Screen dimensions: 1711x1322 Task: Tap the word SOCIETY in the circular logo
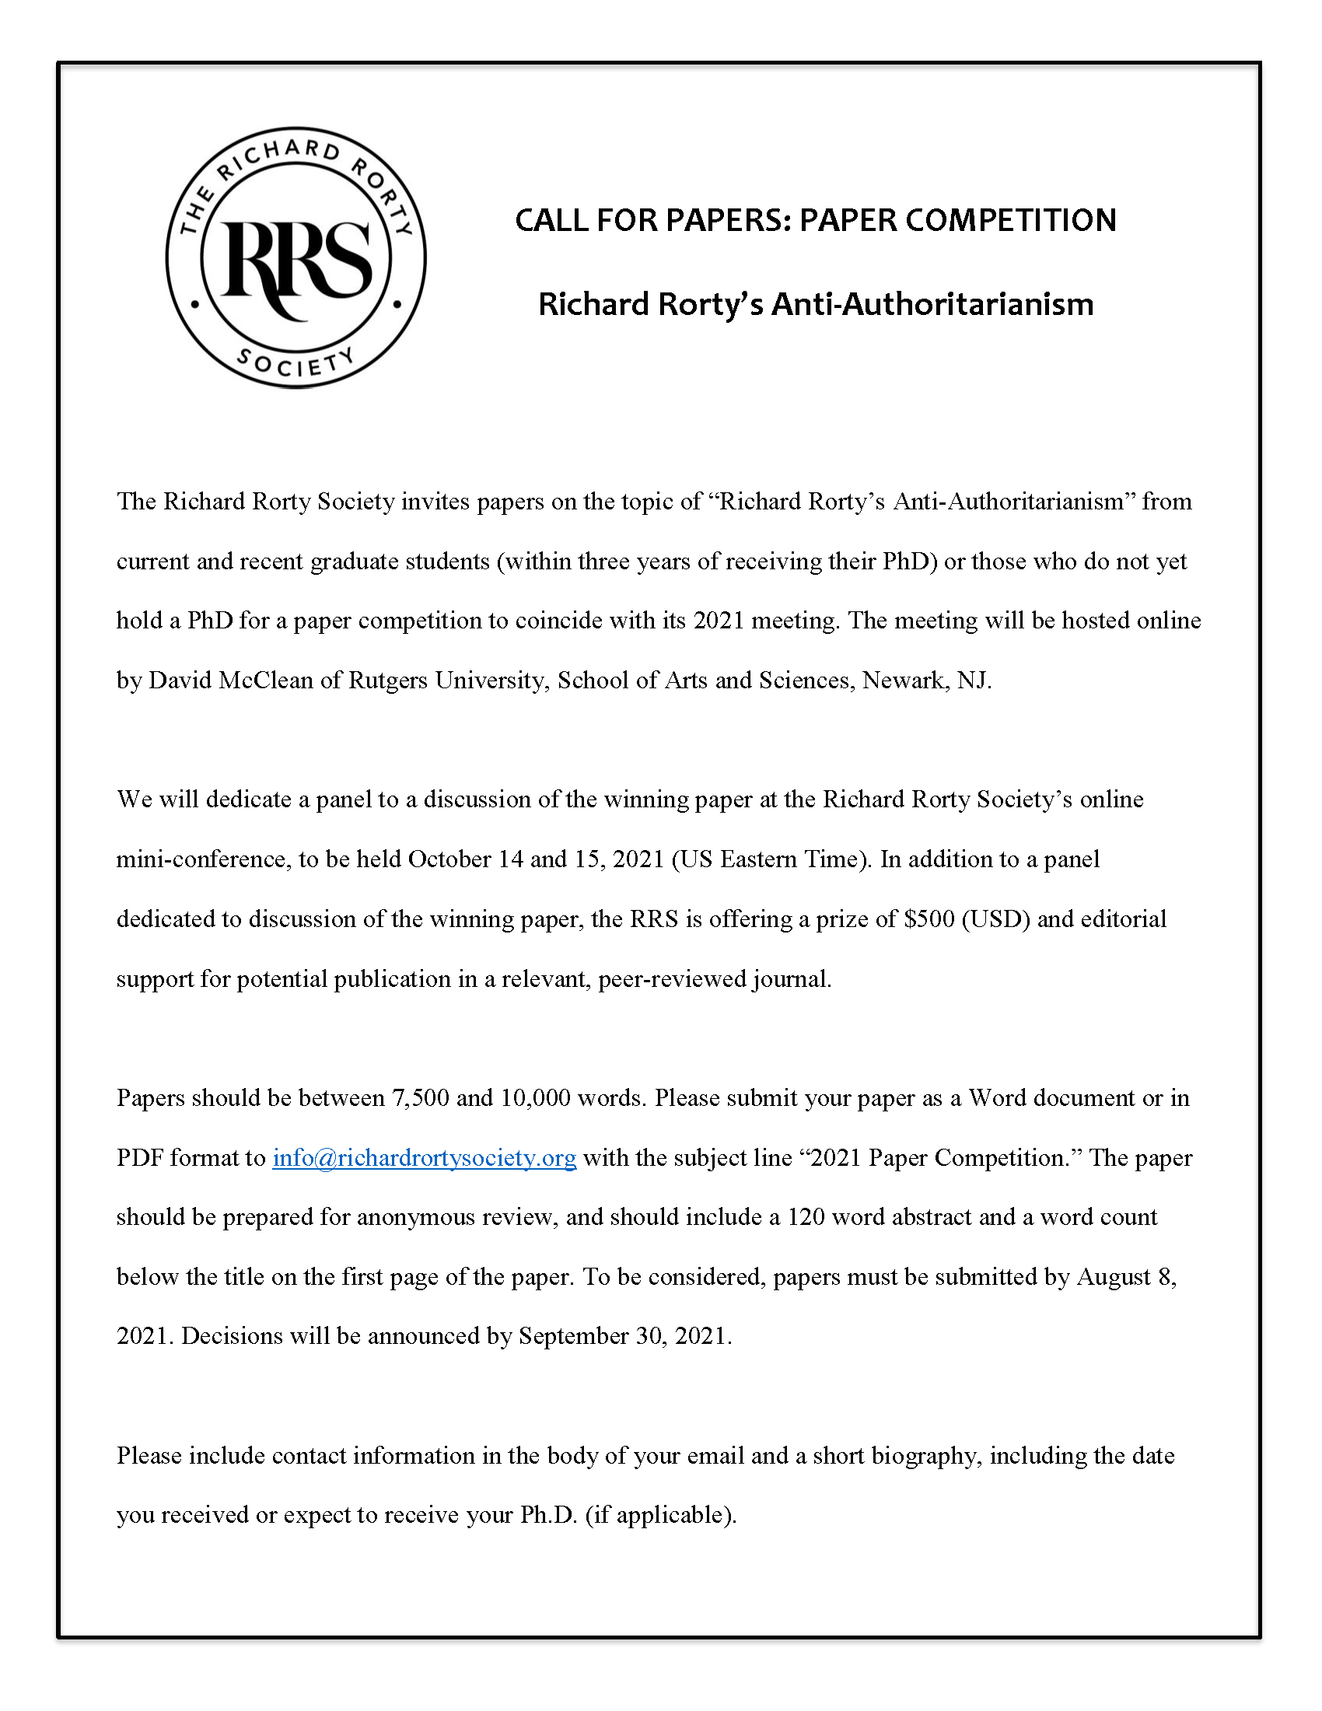[296, 362]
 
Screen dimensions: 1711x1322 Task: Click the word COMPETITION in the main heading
[1010, 220]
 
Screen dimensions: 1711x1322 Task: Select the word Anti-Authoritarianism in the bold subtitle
[932, 304]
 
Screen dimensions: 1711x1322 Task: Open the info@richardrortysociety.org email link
[425, 1158]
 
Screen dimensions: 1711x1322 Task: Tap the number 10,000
[535, 1098]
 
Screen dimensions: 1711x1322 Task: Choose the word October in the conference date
[449, 859]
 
